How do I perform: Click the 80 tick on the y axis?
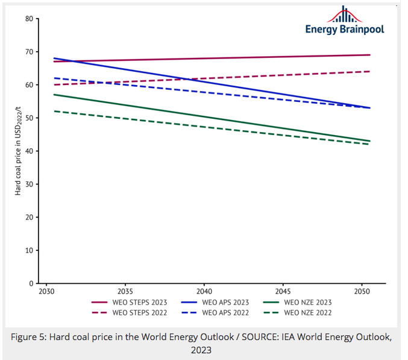pos(30,19)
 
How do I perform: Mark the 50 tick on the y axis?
pos(30,118)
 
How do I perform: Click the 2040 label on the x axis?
pos(204,291)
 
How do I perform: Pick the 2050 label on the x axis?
pos(362,291)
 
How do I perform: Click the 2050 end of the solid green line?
pos(369,141)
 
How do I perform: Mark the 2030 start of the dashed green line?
pos(54,111)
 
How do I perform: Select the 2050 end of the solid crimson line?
pos(369,55)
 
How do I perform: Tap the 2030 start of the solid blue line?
pos(54,58)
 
